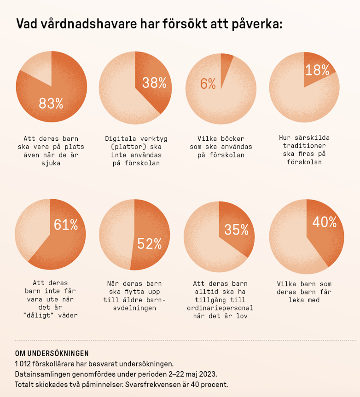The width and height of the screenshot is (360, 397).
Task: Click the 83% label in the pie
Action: pyautogui.click(x=51, y=104)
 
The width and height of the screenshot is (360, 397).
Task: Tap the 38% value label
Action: pyautogui.click(x=154, y=83)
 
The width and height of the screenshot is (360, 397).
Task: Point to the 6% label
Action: pyautogui.click(x=208, y=84)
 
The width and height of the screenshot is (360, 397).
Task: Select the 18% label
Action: pyautogui.click(x=317, y=70)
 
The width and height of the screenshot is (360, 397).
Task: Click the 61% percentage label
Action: pyautogui.click(x=65, y=225)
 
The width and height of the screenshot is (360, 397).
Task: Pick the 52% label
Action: pyautogui.click(x=150, y=244)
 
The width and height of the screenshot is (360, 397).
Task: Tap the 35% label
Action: pyautogui.click(x=236, y=230)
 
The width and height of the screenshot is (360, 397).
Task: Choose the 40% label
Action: pyautogui.click(x=324, y=222)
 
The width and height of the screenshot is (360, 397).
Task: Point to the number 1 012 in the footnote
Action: pyautogui.click(x=23, y=364)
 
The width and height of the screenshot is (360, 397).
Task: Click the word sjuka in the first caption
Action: pyautogui.click(x=51, y=163)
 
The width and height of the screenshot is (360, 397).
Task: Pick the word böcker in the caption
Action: pyautogui.click(x=233, y=138)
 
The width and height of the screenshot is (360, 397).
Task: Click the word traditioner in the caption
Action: pyautogui.click(x=304, y=145)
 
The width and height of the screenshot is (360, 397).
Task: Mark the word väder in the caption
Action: pyautogui.click(x=66, y=316)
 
